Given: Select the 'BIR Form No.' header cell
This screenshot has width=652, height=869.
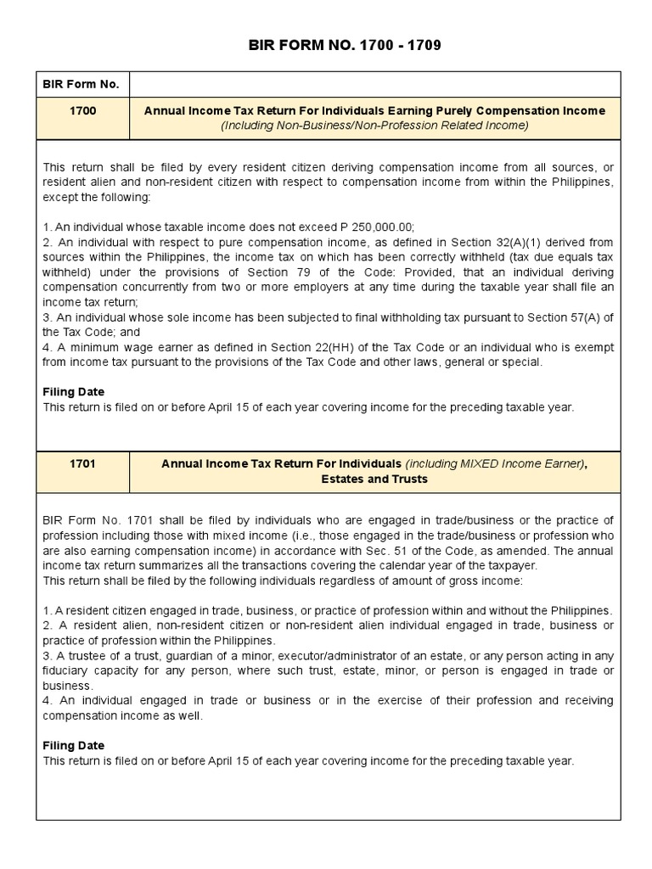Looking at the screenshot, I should (81, 84).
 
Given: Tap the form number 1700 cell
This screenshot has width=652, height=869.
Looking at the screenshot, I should (81, 110).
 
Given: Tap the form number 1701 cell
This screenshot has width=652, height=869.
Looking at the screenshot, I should (81, 463).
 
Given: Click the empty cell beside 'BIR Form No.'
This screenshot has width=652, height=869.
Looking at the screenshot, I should (374, 84).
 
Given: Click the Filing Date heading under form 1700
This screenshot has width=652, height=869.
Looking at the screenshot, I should (74, 392).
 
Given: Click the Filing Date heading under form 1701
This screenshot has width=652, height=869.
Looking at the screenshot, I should (74, 746).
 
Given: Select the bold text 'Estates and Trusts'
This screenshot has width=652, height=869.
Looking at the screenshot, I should (374, 479).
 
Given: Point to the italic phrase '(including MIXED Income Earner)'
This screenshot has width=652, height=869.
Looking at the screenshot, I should (494, 463).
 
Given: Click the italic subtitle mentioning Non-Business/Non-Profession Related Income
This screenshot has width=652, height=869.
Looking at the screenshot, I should (374, 126).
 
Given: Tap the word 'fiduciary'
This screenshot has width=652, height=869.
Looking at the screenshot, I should (67, 671).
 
